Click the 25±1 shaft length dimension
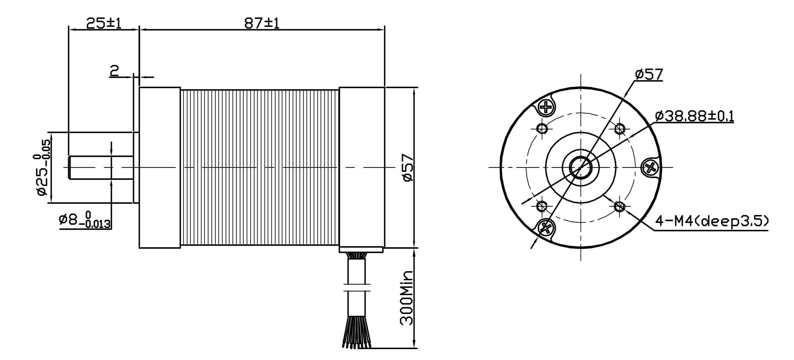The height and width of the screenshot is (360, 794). pyautogui.click(x=104, y=23)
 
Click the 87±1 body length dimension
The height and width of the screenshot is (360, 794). pyautogui.click(x=262, y=23)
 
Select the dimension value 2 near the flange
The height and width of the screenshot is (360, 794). pyautogui.click(x=115, y=70)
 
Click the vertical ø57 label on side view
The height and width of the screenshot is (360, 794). pyautogui.click(x=408, y=167)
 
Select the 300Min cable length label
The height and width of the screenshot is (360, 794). pyautogui.click(x=407, y=297)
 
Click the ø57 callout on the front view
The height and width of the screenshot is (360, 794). pyautogui.click(x=649, y=74)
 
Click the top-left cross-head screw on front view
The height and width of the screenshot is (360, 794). pyautogui.click(x=546, y=107)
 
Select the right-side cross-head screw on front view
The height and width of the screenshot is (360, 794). pyautogui.click(x=651, y=167)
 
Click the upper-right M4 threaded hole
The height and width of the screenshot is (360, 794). pyautogui.click(x=620, y=128)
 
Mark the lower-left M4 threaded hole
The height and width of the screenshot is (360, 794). pyautogui.click(x=542, y=207)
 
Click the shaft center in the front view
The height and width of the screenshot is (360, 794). pyautogui.click(x=581, y=167)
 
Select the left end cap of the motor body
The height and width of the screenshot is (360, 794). pyautogui.click(x=160, y=167)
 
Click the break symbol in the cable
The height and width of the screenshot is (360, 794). pyautogui.click(x=357, y=287)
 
